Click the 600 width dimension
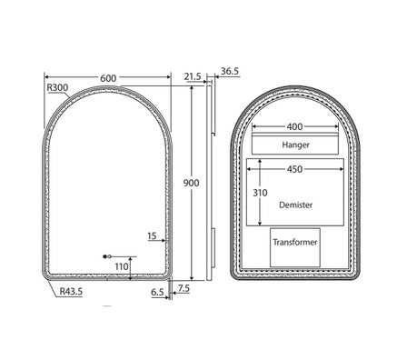click(x=108, y=78)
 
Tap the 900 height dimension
click(x=191, y=183)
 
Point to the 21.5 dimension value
click(x=193, y=78)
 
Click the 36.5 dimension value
click(x=229, y=70)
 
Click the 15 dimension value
click(x=152, y=236)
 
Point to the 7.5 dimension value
click(x=184, y=288)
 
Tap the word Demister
click(x=296, y=206)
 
